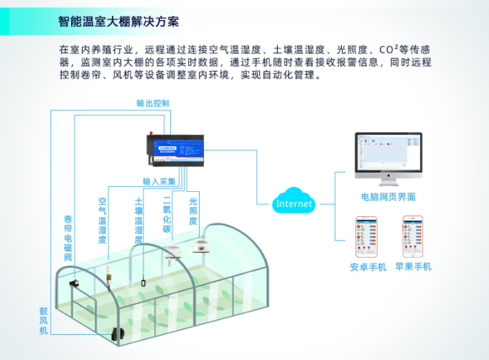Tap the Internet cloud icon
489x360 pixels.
294,203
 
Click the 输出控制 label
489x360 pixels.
153,103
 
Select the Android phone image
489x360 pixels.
368,237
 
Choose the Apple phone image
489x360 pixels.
412,237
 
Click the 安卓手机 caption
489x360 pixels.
368,267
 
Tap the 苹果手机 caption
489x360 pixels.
413,267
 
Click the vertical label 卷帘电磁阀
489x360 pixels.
68,238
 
